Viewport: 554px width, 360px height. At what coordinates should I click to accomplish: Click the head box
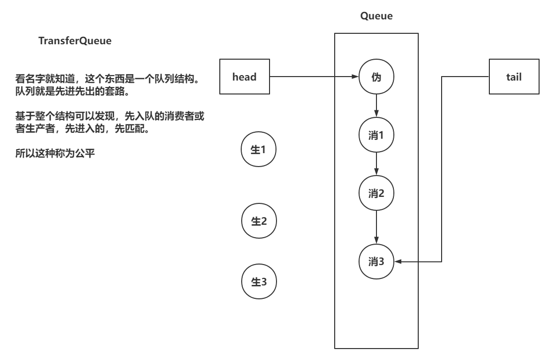click(244, 77)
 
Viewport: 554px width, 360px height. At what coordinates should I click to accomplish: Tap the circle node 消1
click(376, 134)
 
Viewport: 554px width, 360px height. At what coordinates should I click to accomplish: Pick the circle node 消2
click(376, 193)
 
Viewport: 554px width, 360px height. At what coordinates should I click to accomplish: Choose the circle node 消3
click(376, 262)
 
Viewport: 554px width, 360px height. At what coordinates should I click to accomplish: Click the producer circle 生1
click(259, 149)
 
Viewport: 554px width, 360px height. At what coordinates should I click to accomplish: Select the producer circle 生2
click(259, 221)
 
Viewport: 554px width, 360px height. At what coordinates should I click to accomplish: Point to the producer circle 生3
click(259, 281)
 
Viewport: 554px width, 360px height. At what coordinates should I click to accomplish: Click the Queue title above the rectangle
click(376, 16)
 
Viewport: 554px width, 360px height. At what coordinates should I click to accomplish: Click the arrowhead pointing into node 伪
click(355, 77)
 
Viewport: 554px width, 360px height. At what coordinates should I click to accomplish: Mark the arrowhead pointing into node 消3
click(397, 262)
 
